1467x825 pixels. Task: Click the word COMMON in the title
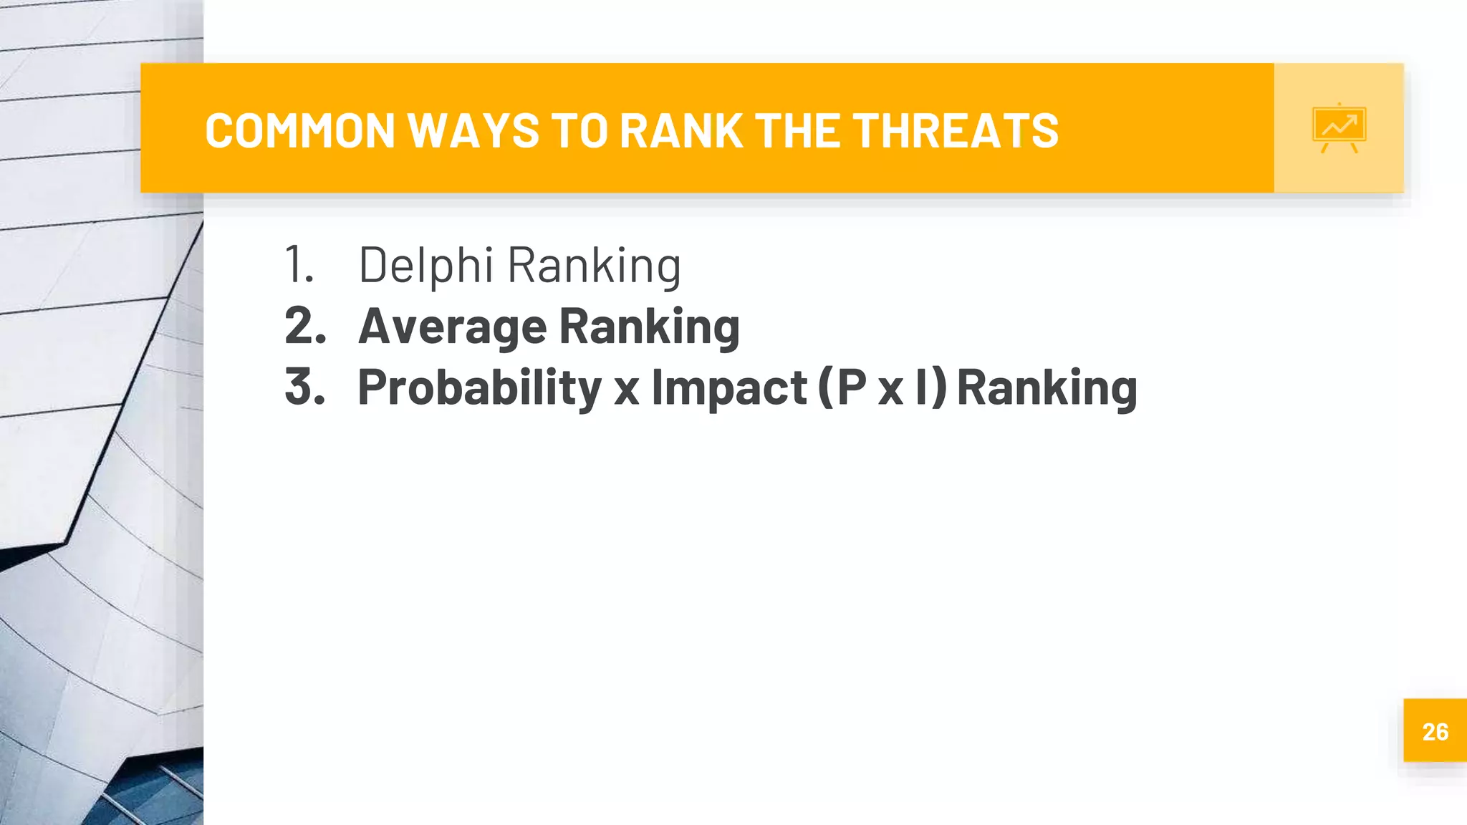(299, 131)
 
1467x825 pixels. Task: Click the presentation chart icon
(1339, 128)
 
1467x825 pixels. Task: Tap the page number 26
(1435, 731)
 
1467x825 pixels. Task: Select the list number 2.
(305, 326)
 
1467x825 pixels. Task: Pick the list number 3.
(305, 387)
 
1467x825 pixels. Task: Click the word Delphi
(425, 266)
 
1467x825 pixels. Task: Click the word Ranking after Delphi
(594, 266)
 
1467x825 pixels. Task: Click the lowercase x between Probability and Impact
(626, 391)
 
